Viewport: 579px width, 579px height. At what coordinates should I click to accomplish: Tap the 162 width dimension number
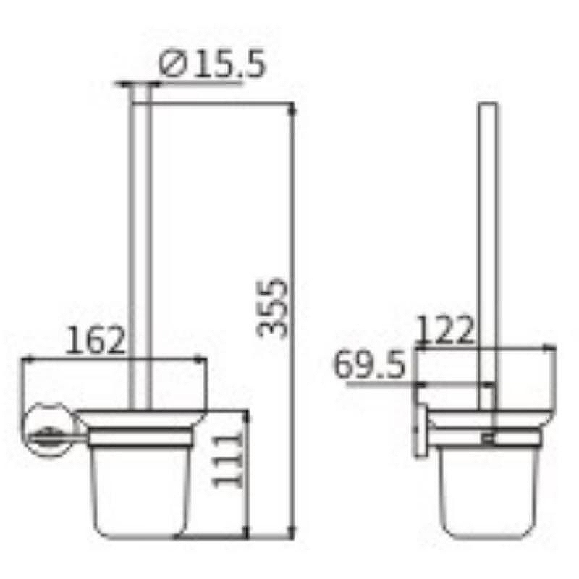(x=96, y=339)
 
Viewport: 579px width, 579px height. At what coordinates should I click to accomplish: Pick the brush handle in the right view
(x=487, y=239)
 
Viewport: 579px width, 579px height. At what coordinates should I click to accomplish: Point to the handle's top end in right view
(x=487, y=107)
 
